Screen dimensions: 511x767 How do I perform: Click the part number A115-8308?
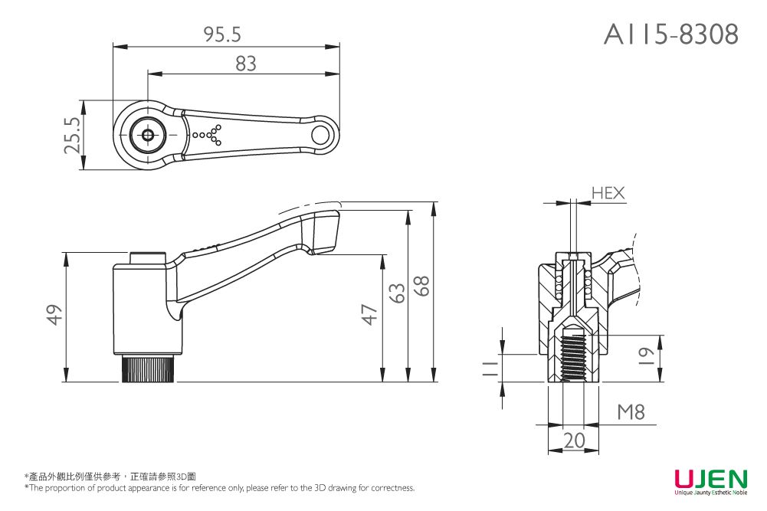(670, 34)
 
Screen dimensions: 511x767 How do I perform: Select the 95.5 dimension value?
(222, 34)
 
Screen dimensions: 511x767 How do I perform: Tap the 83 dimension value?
(245, 64)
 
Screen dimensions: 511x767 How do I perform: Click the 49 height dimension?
(53, 315)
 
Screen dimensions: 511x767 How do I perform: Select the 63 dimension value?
(395, 293)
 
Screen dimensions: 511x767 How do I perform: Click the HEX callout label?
(608, 194)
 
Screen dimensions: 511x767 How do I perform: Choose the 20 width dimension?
(573, 441)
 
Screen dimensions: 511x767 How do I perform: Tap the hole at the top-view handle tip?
(321, 135)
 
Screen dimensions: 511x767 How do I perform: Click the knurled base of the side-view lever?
(149, 369)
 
